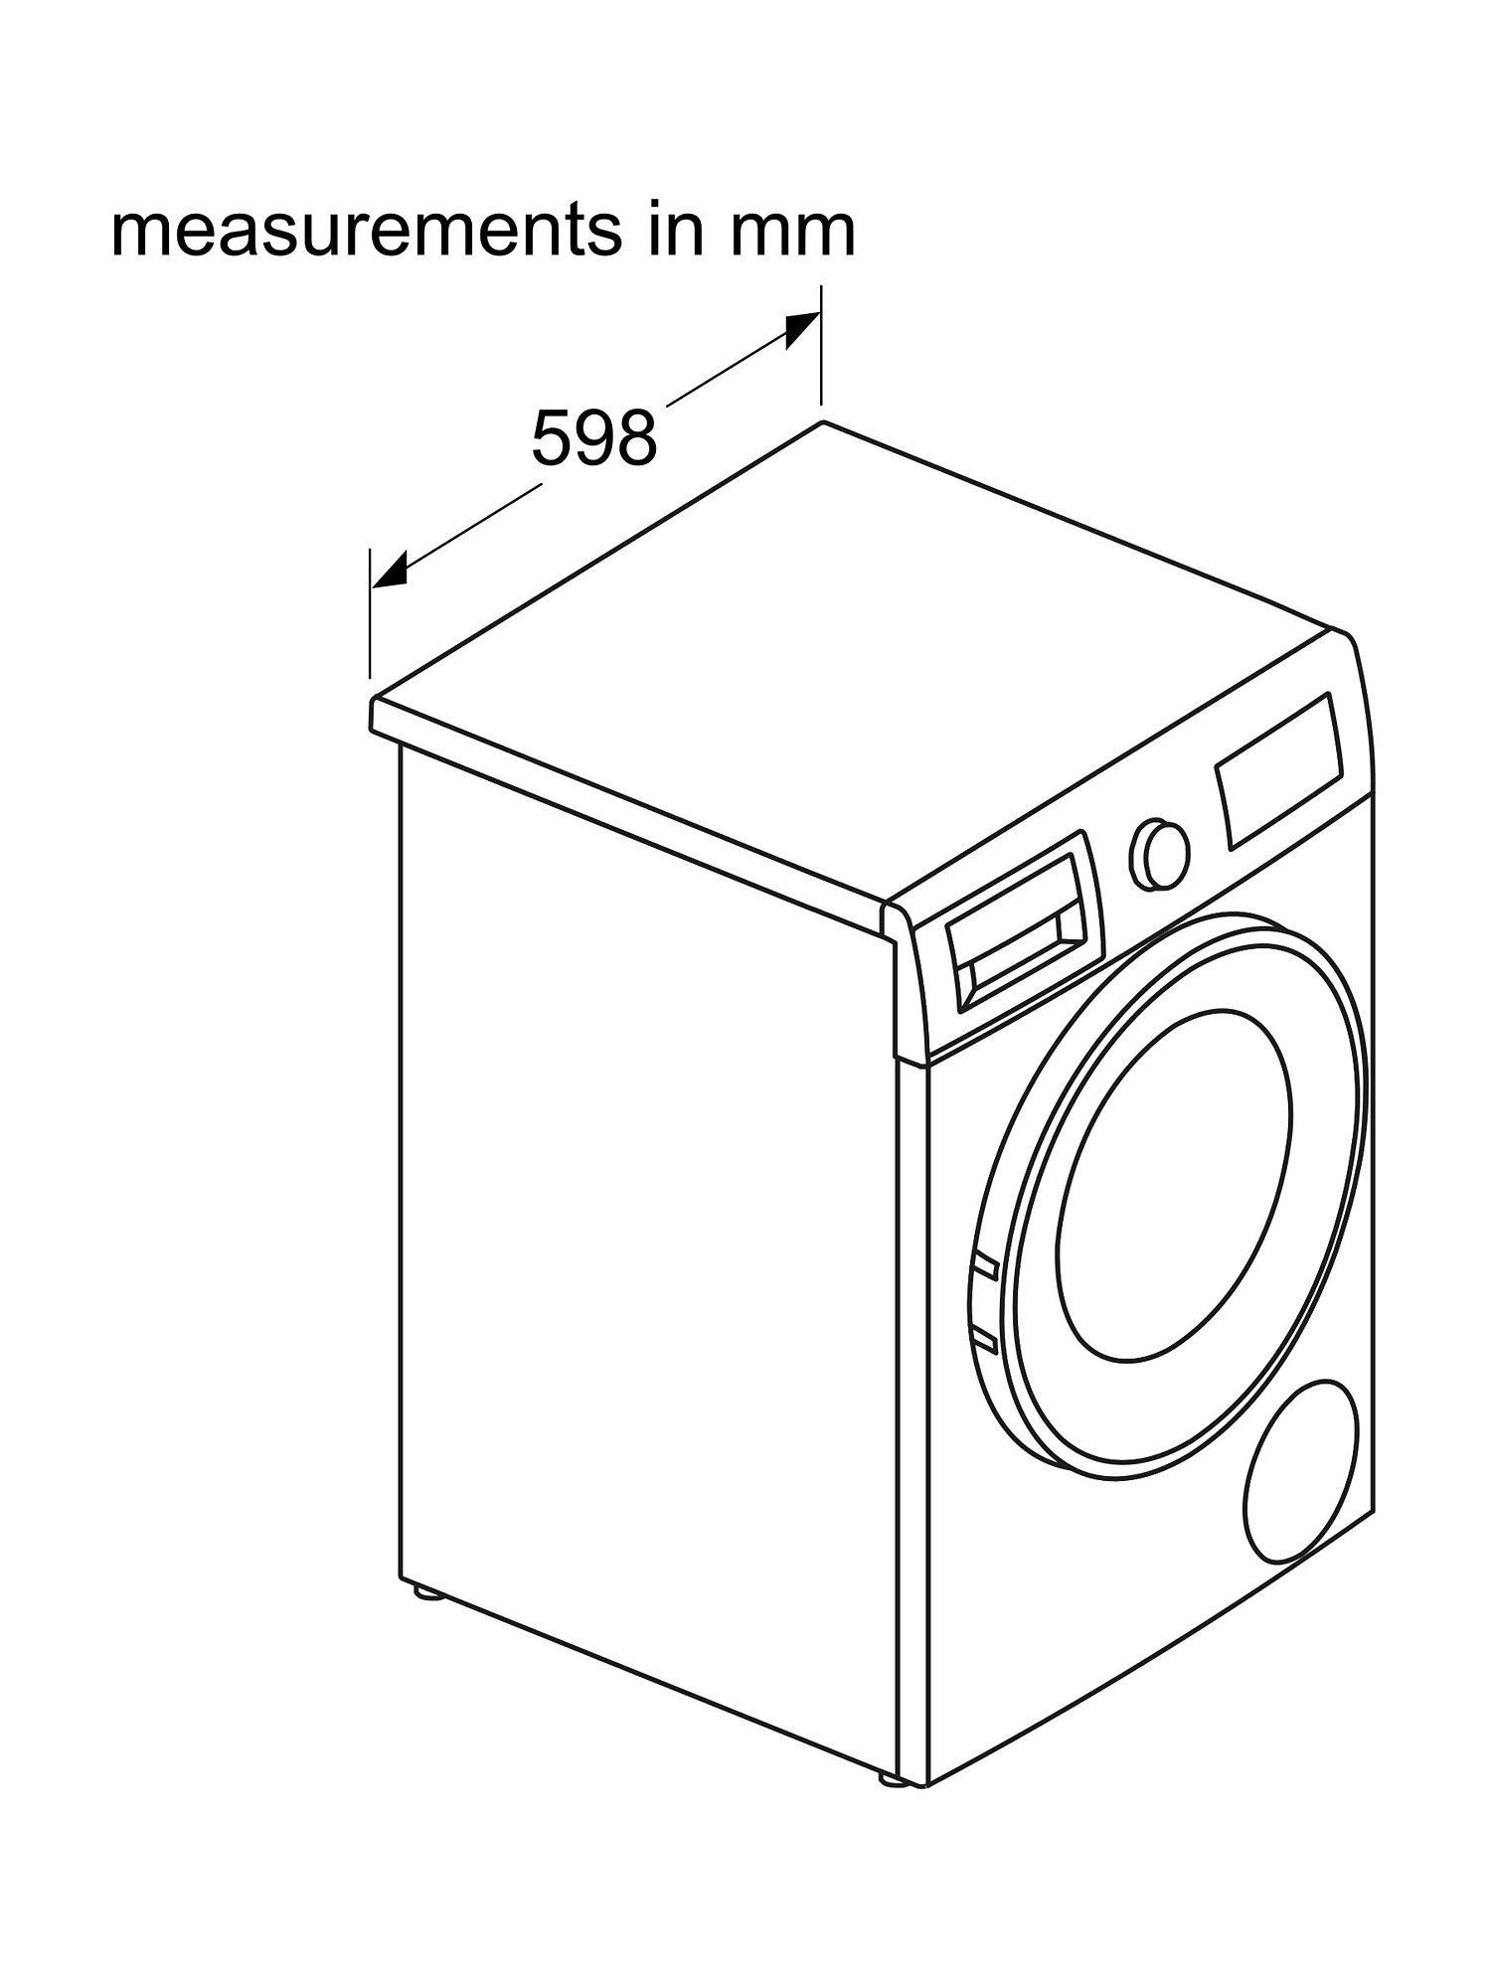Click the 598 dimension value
pos(594,437)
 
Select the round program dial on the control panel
pos(1159,851)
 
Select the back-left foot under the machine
pos(429,1594)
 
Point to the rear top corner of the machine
pos(823,422)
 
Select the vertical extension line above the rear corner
pos(821,348)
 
